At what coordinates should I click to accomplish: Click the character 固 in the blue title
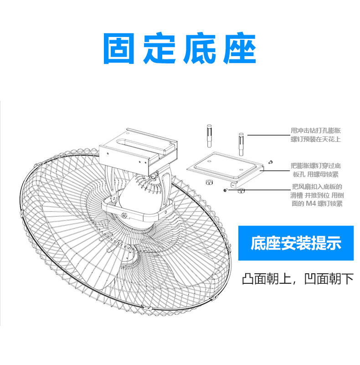click(120, 48)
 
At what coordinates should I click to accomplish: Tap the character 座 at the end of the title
click(240, 48)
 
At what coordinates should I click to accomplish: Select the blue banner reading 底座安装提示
click(296, 243)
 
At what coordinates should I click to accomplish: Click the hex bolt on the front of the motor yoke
click(124, 215)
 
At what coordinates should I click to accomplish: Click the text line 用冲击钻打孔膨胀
click(316, 130)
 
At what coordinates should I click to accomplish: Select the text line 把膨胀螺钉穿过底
click(316, 166)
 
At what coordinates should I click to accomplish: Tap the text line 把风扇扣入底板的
click(316, 187)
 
